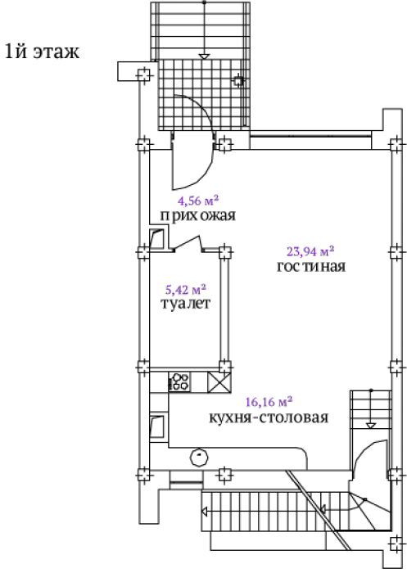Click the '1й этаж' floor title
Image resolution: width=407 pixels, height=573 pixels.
(x=42, y=52)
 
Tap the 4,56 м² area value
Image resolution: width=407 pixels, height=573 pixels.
(x=198, y=201)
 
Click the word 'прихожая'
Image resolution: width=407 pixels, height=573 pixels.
(x=198, y=215)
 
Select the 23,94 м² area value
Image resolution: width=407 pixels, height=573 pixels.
(x=310, y=251)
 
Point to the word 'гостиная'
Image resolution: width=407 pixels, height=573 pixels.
(x=311, y=266)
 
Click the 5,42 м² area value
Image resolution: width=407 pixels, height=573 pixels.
(x=186, y=290)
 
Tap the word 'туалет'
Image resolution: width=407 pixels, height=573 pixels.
(x=186, y=304)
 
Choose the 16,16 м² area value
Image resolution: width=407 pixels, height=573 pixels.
(x=269, y=402)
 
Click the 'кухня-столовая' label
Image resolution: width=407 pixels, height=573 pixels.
(x=269, y=417)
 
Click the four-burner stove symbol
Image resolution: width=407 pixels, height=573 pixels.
(x=179, y=382)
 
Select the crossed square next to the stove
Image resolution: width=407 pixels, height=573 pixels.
(x=219, y=382)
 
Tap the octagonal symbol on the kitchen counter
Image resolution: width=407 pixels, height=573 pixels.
(x=199, y=458)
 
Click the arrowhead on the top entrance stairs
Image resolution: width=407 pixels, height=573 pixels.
(x=205, y=56)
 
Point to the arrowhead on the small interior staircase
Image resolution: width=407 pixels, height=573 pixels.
(x=371, y=426)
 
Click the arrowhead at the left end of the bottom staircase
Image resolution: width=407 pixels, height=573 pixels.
(x=205, y=512)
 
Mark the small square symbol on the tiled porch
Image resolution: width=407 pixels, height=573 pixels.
(x=238, y=80)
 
